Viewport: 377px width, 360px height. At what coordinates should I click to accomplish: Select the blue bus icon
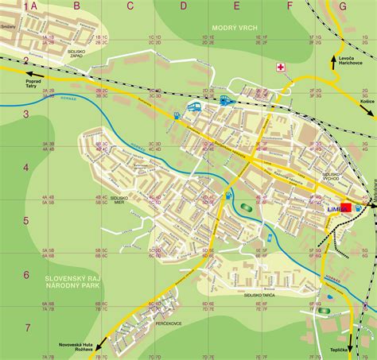tap(192, 106)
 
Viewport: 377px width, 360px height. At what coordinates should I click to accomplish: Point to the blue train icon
tap(225, 100)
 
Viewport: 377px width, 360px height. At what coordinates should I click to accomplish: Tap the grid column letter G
tap(343, 6)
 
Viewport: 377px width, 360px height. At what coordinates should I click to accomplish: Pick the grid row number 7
tap(26, 327)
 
